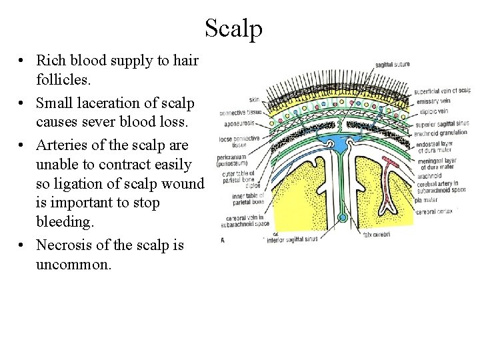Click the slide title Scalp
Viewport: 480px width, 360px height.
(x=233, y=28)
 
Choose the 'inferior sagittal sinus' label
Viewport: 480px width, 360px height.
(x=293, y=241)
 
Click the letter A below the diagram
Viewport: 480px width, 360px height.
(x=223, y=239)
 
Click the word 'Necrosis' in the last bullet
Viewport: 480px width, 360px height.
(x=63, y=246)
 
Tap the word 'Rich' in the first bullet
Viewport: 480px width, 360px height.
(x=49, y=61)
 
